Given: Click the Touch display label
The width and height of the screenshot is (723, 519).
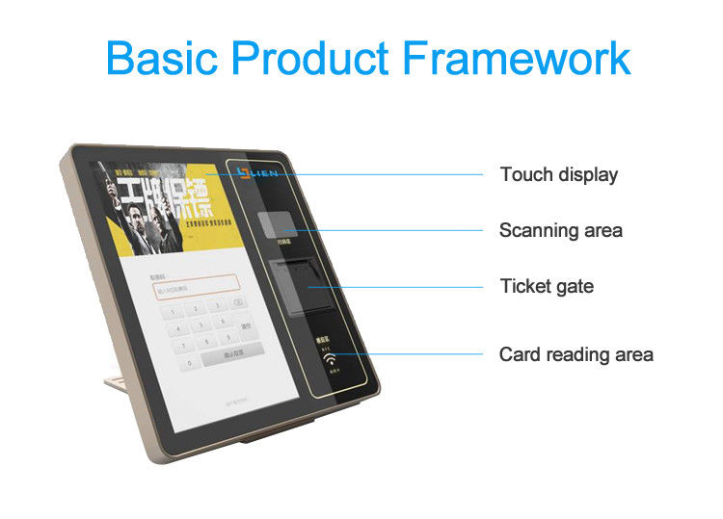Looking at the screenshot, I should click(558, 174).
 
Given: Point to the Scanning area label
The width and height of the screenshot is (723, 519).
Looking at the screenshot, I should click(560, 230).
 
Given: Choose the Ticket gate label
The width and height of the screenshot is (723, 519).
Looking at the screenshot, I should click(546, 286).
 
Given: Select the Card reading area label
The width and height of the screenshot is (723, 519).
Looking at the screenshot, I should click(576, 354).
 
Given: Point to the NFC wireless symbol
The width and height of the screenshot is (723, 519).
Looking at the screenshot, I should click(330, 365).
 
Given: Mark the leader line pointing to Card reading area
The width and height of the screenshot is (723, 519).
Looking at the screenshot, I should click(415, 354).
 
